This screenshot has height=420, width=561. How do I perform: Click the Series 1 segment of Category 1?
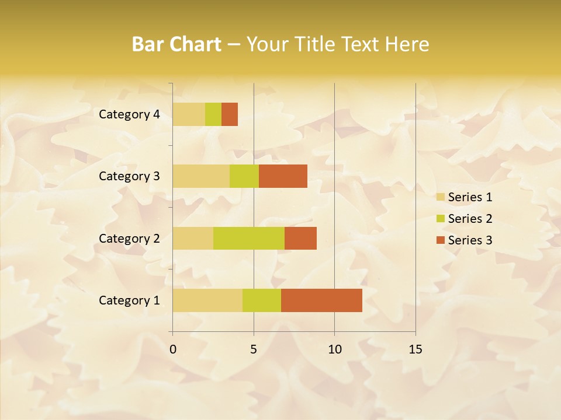[x=207, y=300]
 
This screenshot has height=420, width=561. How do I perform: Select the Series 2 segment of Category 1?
[x=262, y=300]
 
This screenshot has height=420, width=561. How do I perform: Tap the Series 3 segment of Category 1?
[x=321, y=300]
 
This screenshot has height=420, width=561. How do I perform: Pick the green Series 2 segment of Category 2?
[x=249, y=238]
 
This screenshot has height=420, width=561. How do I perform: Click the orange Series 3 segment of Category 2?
[x=300, y=238]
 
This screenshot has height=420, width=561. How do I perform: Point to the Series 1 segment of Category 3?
[x=201, y=176]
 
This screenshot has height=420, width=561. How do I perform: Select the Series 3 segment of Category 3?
[x=283, y=176]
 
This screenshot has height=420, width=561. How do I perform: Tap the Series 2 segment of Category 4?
[x=213, y=114]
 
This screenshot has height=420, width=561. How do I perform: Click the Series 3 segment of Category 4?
[x=230, y=114]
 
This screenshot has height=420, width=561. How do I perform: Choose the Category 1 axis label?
[x=129, y=300]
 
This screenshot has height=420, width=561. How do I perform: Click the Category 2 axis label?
[x=129, y=239]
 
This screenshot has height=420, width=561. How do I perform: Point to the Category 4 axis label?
[x=129, y=114]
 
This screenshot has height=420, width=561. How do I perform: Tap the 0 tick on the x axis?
[x=173, y=349]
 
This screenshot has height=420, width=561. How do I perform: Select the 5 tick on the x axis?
[x=254, y=349]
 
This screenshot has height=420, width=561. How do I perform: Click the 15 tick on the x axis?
[x=415, y=349]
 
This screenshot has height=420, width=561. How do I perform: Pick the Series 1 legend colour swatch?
[x=440, y=197]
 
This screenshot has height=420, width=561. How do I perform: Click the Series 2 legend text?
[x=470, y=219]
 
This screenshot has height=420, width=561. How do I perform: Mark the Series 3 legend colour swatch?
[x=440, y=240]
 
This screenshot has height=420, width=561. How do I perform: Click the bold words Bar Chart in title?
[x=176, y=44]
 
